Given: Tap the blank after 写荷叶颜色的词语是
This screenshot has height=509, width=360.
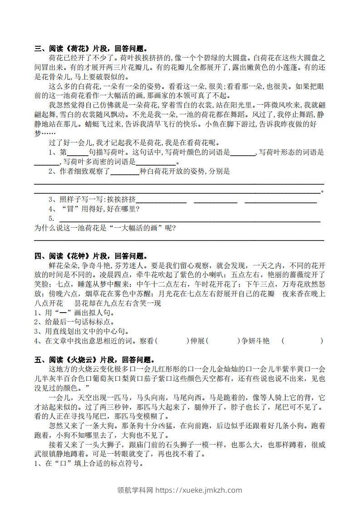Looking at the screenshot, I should coord(243,152).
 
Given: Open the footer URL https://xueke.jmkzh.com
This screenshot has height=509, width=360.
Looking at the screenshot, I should coord(199,490).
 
